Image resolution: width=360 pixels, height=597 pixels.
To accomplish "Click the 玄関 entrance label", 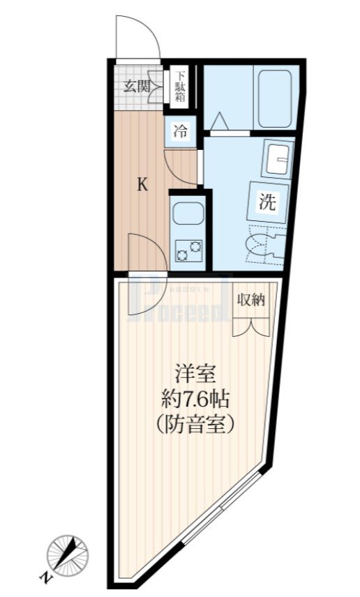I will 137,86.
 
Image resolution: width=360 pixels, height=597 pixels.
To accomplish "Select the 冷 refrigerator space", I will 180,130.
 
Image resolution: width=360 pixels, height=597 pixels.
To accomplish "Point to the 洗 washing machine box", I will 267,203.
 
